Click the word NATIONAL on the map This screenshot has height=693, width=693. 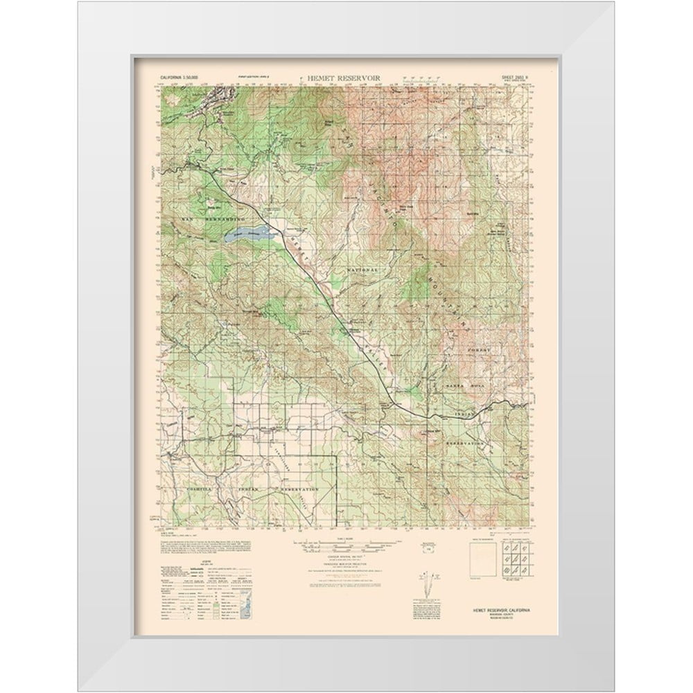(x=362, y=269)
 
